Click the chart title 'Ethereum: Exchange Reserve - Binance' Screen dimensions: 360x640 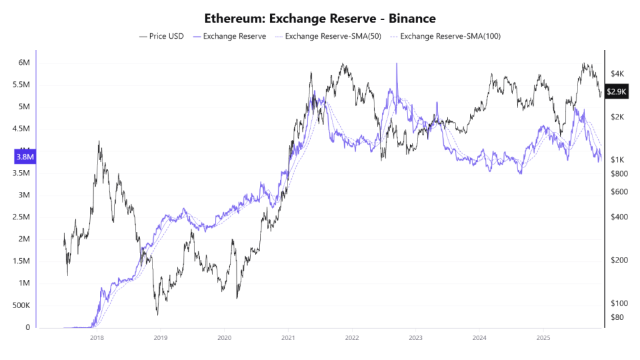[320, 18]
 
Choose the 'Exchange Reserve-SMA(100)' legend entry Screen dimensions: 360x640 [450, 36]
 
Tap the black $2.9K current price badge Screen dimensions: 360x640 [617, 92]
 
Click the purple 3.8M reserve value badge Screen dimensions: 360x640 [25, 157]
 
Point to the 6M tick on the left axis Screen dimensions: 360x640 [24, 62]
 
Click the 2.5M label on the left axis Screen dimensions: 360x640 [21, 217]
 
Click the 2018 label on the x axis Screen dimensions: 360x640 [97, 337]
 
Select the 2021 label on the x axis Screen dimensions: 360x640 [288, 337]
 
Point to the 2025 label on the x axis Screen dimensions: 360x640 [543, 337]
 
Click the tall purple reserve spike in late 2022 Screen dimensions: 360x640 [396, 64]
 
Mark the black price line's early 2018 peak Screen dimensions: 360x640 [99, 142]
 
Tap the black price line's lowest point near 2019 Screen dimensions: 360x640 [157, 314]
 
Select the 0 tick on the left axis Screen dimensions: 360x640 [27, 327]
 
